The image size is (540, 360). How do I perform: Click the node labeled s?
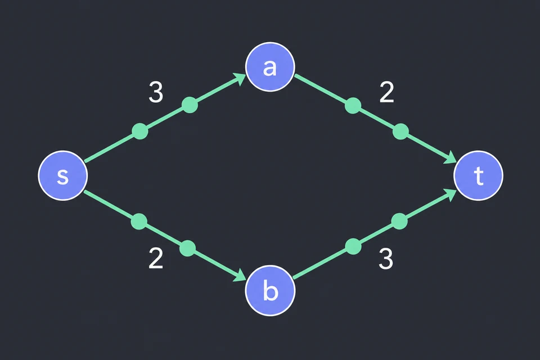click(x=62, y=175)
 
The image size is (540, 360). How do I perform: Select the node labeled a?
click(x=270, y=67)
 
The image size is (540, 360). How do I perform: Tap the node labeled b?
click(x=270, y=290)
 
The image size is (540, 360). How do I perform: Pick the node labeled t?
click(x=478, y=175)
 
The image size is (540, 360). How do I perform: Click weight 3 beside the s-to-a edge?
click(x=156, y=92)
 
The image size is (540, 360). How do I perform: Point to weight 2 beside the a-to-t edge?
click(x=386, y=92)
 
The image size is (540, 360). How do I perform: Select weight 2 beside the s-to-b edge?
click(x=156, y=258)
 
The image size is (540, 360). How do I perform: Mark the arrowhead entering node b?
click(x=240, y=275)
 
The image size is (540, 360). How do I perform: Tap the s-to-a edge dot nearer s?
click(x=140, y=131)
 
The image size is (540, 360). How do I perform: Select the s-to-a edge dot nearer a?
click(x=190, y=105)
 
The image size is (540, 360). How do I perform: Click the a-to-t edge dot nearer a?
click(x=353, y=105)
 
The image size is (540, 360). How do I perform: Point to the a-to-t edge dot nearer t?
click(x=400, y=132)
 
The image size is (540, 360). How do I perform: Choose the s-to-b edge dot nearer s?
click(x=139, y=221)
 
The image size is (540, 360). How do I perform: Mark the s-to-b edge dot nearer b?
click(x=188, y=249)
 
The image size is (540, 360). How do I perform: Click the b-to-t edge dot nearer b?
click(x=353, y=246)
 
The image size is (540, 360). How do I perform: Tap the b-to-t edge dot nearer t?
click(x=399, y=221)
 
